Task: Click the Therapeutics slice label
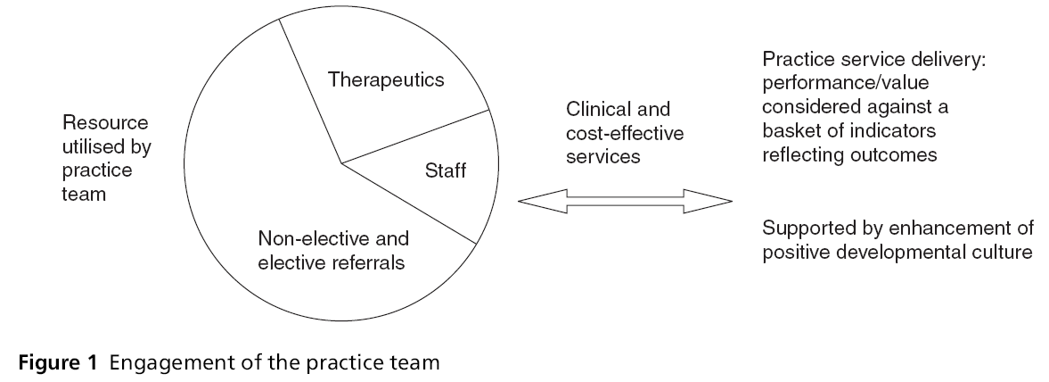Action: coord(386,80)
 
